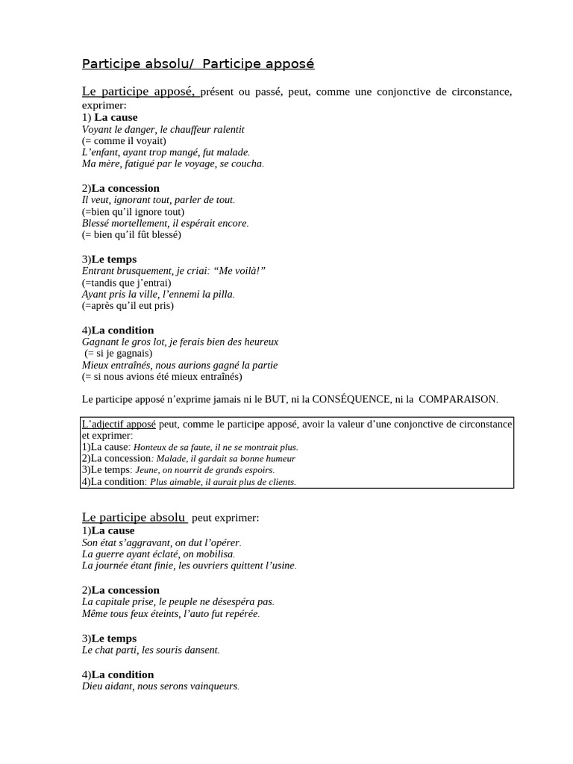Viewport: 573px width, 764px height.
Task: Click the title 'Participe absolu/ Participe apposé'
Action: pyautogui.click(x=198, y=64)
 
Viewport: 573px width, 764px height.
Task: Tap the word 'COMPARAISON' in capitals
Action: pyautogui.click(x=457, y=399)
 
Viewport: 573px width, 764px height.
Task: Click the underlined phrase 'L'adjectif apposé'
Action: pyautogui.click(x=119, y=425)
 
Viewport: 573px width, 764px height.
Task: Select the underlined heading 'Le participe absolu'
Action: pyautogui.click(x=134, y=517)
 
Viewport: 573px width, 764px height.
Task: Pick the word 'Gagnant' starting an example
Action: pyautogui.click(x=101, y=342)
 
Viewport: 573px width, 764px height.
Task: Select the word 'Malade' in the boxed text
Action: pyautogui.click(x=170, y=459)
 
